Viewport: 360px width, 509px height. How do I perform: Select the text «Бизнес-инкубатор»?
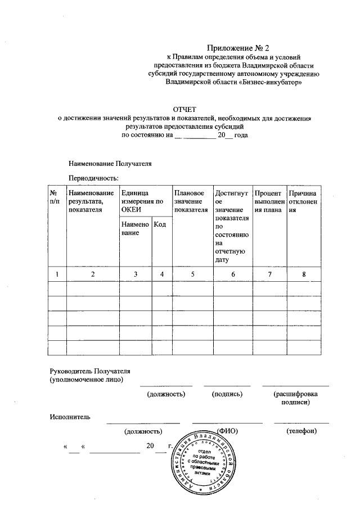[x=272, y=82]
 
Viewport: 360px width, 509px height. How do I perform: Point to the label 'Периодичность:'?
[x=93, y=178]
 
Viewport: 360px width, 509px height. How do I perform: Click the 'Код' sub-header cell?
[x=160, y=225]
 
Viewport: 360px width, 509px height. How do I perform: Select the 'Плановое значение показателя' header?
[x=191, y=201]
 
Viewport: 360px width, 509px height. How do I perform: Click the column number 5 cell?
[x=192, y=274]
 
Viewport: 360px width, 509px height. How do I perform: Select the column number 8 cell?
[x=304, y=274]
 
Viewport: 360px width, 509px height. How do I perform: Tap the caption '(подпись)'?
[x=227, y=395]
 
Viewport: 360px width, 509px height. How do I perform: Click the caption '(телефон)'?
[x=301, y=431]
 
